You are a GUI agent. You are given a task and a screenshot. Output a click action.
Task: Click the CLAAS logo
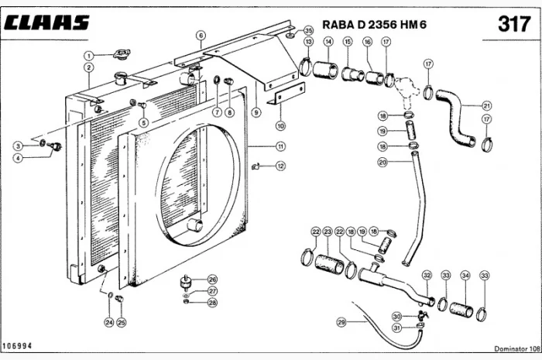(x=46, y=22)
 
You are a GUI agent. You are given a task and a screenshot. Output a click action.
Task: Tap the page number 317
(x=514, y=24)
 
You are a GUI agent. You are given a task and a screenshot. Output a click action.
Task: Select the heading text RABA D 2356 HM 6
(x=374, y=25)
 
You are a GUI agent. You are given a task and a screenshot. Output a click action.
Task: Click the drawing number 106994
(x=17, y=346)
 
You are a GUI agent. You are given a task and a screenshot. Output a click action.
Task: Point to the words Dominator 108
(x=517, y=348)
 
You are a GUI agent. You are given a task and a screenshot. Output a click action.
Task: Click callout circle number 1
(x=89, y=55)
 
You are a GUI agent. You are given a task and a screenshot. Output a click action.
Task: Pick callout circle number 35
(x=308, y=30)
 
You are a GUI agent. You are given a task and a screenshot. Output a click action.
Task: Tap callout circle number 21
(x=487, y=106)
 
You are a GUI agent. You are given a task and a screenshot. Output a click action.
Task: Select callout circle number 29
(x=341, y=322)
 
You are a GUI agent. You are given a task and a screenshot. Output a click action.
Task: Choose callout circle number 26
(x=212, y=279)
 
